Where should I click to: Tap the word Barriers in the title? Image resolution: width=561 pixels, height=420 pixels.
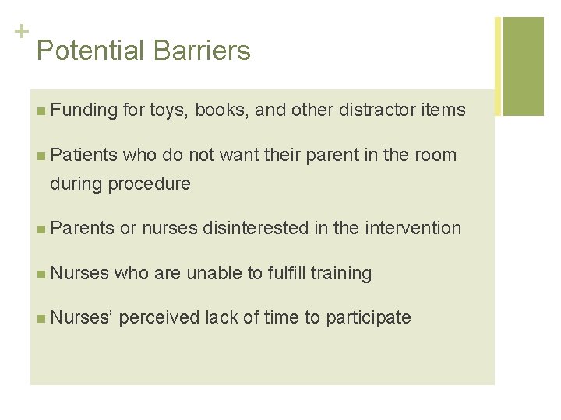pos(202,51)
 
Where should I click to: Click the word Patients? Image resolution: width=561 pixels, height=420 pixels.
pos(83,155)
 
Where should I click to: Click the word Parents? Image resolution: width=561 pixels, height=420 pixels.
pos(82,228)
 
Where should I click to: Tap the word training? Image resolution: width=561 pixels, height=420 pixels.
pos(341,273)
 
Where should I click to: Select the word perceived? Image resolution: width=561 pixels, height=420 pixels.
pos(160,317)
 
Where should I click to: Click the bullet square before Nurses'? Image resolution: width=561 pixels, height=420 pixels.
pos(41,318)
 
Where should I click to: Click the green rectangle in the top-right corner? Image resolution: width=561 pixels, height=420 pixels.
pos(523,66)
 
